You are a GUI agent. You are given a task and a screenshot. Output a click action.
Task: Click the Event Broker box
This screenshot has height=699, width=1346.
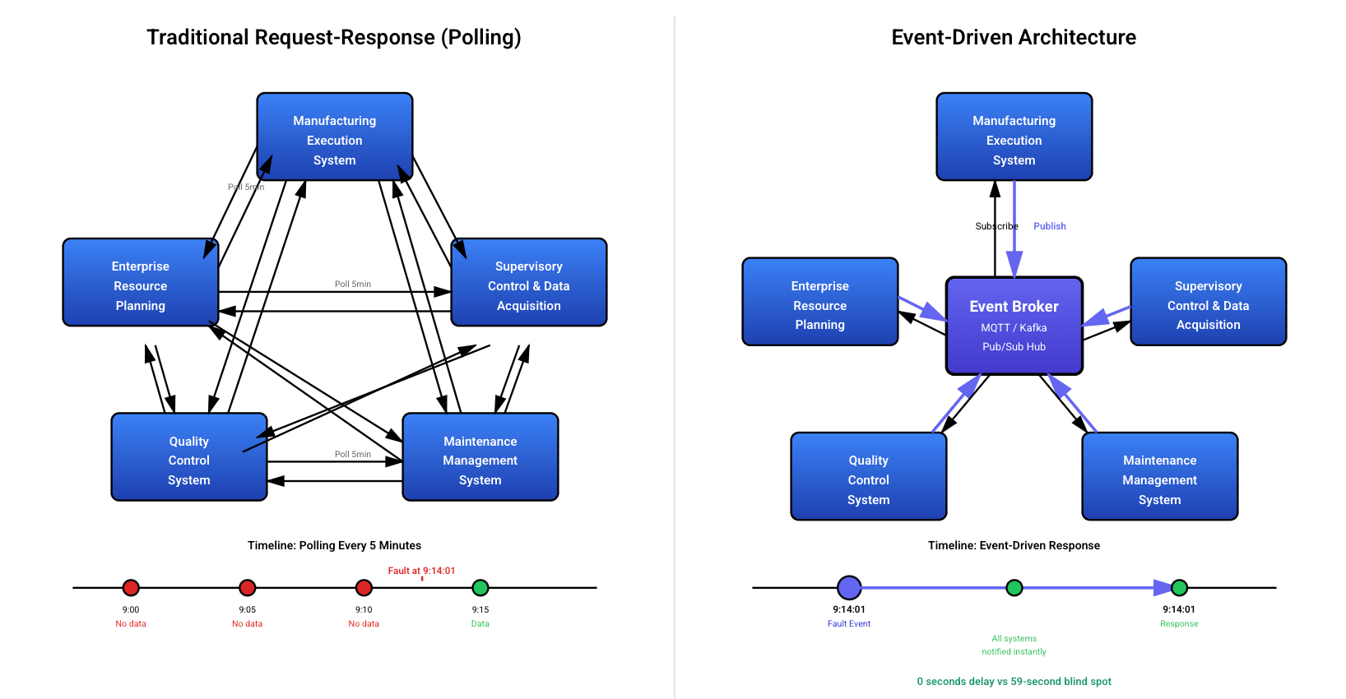pyautogui.click(x=1014, y=326)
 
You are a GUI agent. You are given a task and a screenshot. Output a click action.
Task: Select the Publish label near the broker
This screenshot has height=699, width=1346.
pyautogui.click(x=1049, y=226)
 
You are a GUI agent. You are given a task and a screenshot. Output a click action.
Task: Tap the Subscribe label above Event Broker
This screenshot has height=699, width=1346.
pyautogui.click(x=996, y=226)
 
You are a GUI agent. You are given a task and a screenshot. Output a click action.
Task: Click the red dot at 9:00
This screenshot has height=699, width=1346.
pyautogui.click(x=131, y=587)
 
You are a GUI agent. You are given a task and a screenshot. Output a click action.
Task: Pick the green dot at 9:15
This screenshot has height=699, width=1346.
pyautogui.click(x=480, y=587)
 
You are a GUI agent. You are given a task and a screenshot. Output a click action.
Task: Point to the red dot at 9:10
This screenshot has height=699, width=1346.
pyautogui.click(x=364, y=587)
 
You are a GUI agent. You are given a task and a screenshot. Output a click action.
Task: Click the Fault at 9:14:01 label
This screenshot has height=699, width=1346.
pyautogui.click(x=421, y=571)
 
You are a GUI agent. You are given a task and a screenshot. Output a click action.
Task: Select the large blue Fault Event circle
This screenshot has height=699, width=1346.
pyautogui.click(x=849, y=587)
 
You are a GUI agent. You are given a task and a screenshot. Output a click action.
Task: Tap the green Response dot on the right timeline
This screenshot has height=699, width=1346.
pyautogui.click(x=1179, y=587)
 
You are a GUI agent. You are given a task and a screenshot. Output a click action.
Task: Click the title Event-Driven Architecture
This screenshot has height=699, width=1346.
pyautogui.click(x=1014, y=37)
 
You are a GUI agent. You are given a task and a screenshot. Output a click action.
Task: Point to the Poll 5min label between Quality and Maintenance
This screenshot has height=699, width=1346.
pyautogui.click(x=352, y=454)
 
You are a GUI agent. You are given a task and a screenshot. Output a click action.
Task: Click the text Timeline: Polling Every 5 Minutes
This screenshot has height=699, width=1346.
pyautogui.click(x=334, y=545)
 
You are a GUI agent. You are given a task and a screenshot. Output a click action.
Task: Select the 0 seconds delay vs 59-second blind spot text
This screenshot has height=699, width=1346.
pyautogui.click(x=1014, y=681)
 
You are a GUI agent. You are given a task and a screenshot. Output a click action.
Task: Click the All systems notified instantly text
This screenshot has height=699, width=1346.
pyautogui.click(x=1014, y=645)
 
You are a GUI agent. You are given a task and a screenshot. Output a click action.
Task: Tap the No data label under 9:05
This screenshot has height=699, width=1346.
pyautogui.click(x=247, y=623)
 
